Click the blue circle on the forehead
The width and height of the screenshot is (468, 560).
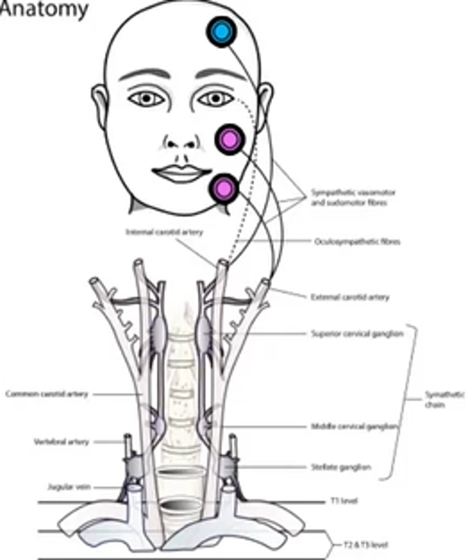tap(221, 31)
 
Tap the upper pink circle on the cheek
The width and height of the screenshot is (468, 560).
tap(230, 139)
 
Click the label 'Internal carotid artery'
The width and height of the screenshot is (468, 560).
tap(164, 232)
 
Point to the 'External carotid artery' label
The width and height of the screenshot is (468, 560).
tap(350, 297)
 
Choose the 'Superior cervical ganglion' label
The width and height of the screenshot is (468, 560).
tap(357, 334)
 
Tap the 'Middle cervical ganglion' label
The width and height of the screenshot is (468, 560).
tap(354, 427)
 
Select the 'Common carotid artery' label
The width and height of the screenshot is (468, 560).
tap(47, 394)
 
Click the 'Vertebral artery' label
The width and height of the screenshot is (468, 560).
tap(61, 441)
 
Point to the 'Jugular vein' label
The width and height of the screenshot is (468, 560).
tap(69, 487)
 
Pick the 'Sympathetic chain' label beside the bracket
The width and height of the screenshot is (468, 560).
tap(444, 399)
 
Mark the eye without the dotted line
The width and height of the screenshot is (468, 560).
tap(147, 98)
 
